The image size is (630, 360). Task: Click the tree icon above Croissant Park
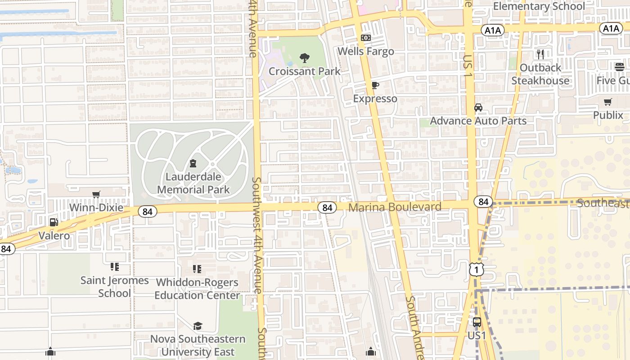tap(305, 58)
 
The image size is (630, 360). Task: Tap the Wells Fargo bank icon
tap(366, 38)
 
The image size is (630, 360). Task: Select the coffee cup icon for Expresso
tap(375, 85)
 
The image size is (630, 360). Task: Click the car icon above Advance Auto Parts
tap(478, 107)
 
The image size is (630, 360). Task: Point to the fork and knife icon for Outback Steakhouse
tap(540, 54)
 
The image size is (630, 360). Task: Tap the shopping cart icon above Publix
tap(608, 102)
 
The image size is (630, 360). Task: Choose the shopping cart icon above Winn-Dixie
tap(96, 194)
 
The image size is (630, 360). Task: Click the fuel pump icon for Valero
tap(54, 222)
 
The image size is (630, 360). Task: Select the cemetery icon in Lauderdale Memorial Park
tap(193, 163)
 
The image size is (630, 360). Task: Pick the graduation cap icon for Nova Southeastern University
tap(198, 326)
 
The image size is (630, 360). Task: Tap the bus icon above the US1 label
tap(477, 322)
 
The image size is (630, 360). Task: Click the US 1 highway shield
tap(476, 269)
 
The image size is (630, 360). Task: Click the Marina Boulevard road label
tap(395, 207)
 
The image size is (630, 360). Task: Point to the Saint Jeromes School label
tap(114, 287)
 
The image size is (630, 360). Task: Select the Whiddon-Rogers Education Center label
tap(197, 289)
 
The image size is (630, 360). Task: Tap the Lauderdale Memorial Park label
tap(193, 183)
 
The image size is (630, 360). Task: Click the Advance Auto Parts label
tap(478, 121)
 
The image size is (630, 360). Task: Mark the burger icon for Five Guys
tap(620, 67)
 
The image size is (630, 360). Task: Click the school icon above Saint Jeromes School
tap(115, 267)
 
